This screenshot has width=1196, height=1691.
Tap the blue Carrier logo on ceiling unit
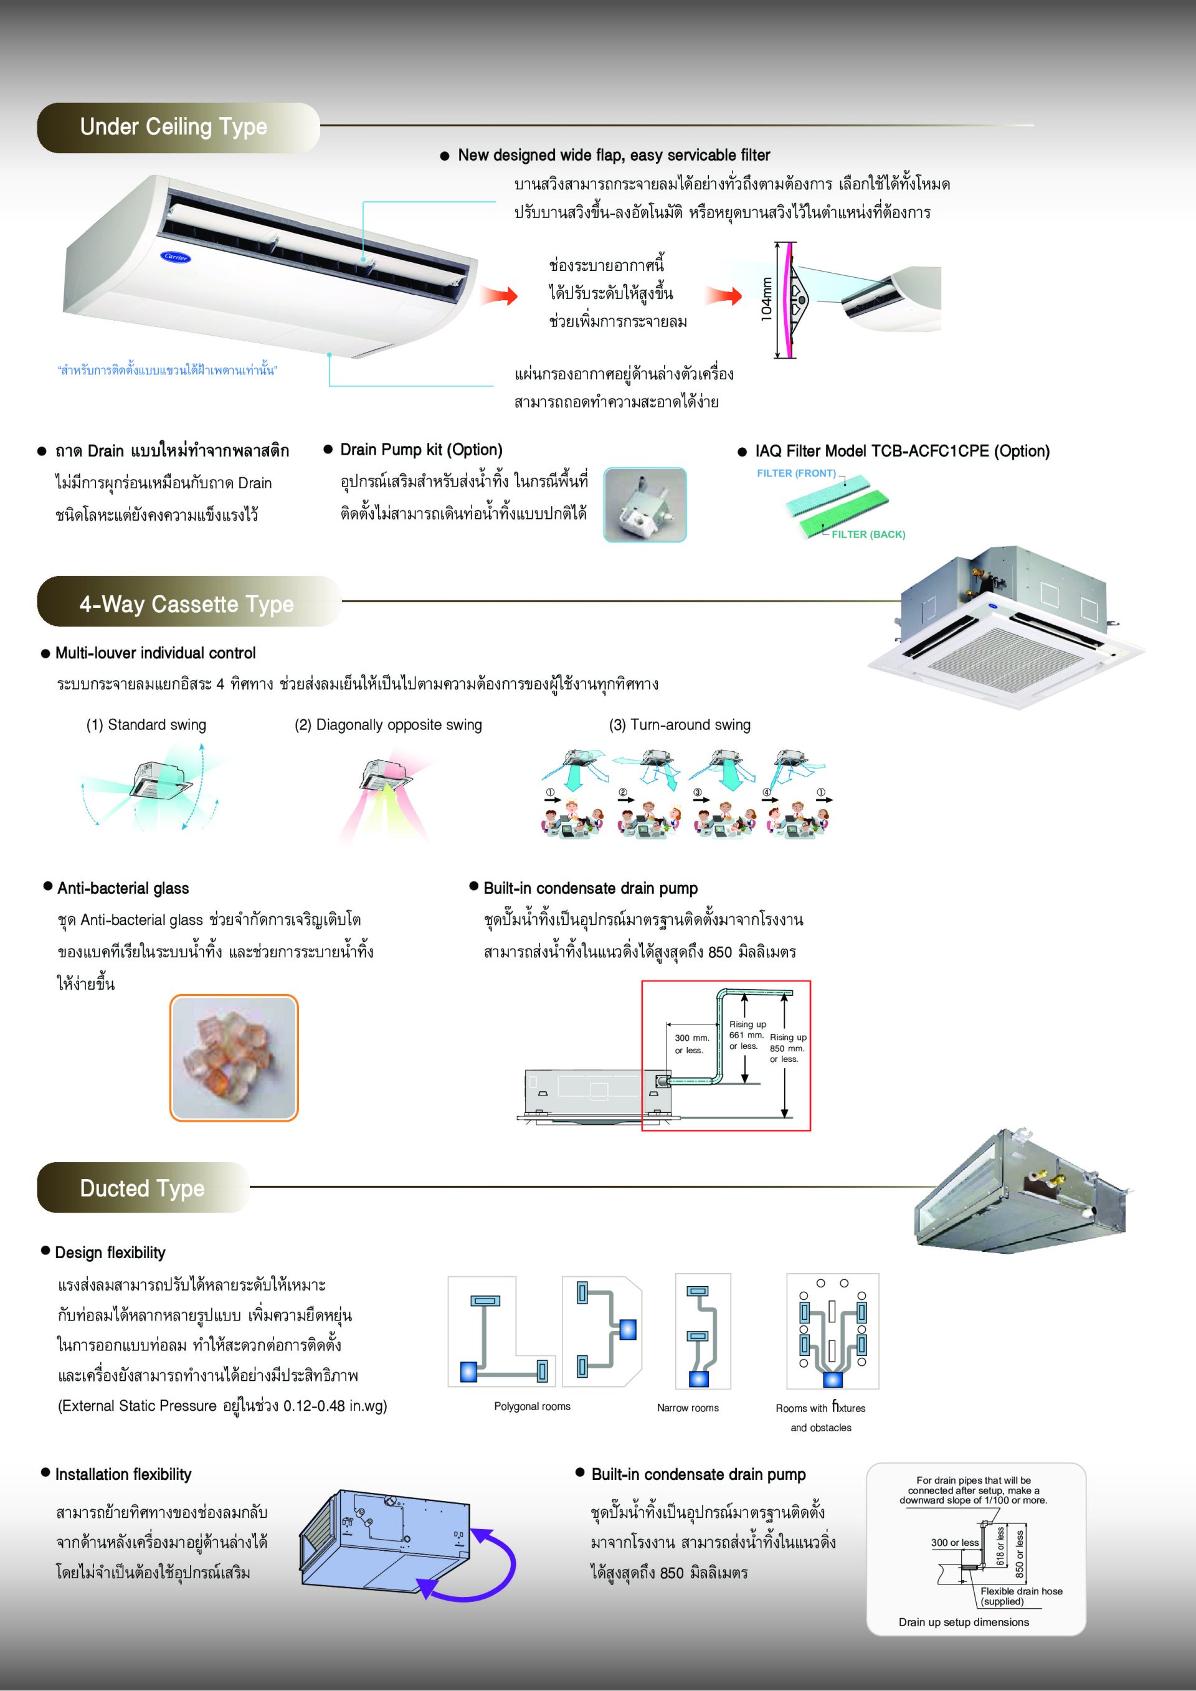coord(175,257)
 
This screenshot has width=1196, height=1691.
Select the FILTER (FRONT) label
coord(795,473)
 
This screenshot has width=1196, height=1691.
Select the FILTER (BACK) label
coord(868,534)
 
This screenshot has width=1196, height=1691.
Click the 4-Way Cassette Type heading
coord(186,605)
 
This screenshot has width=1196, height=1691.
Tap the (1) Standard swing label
coord(146,725)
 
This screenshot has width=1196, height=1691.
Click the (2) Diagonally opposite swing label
coord(388,725)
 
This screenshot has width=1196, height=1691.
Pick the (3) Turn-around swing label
coord(679,725)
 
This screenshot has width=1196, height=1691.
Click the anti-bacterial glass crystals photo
coord(234,1058)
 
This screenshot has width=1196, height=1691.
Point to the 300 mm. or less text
coord(691,1044)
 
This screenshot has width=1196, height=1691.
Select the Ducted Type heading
coord(142,1188)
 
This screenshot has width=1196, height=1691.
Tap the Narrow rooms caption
coord(687,1408)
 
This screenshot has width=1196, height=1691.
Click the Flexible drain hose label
coord(1021,1591)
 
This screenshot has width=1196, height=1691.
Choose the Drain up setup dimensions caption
coord(963,1622)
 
